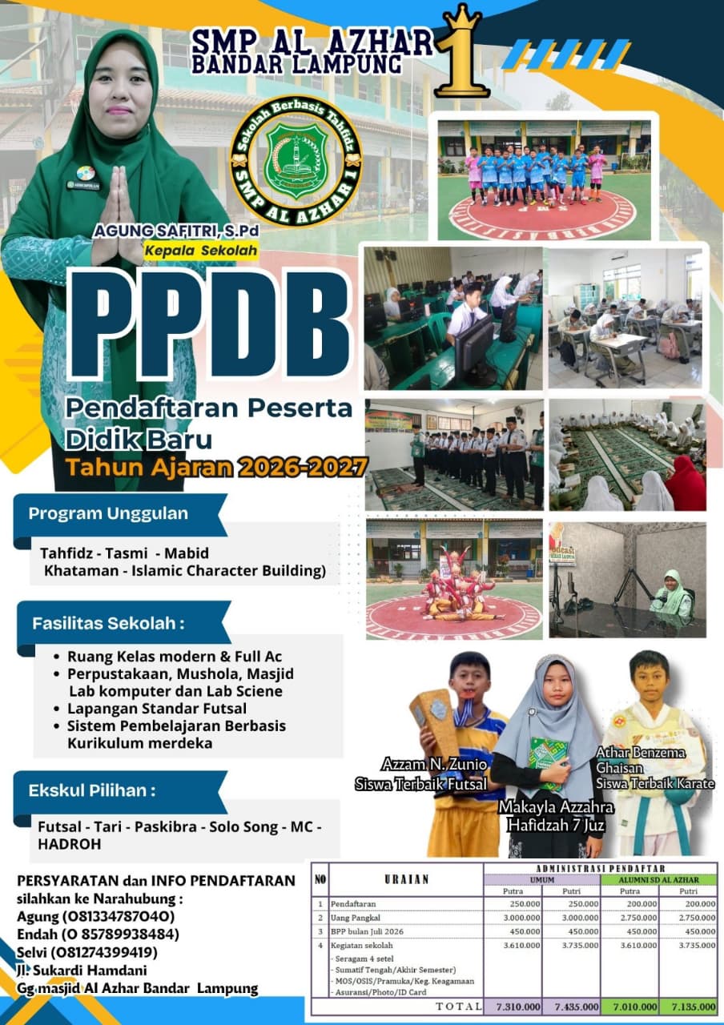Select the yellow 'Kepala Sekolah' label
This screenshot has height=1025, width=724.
[201, 251]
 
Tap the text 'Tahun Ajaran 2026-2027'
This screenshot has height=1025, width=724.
[217, 467]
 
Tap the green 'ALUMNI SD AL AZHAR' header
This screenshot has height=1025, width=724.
[658, 880]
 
